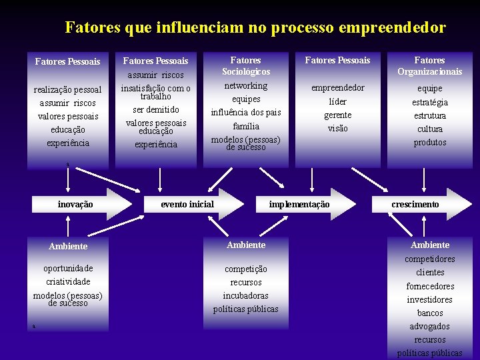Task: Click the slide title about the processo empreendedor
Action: pyautogui.click(x=255, y=27)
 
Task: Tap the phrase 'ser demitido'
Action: pyautogui.click(x=156, y=109)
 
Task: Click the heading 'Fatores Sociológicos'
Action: pyautogui.click(x=246, y=65)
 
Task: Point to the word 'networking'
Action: pyautogui.click(x=246, y=85)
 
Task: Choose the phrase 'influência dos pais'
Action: pyautogui.click(x=246, y=112)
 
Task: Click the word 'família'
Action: pyautogui.click(x=246, y=126)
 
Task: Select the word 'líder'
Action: pyautogui.click(x=337, y=101)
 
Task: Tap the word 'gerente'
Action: pyautogui.click(x=337, y=115)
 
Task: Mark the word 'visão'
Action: pyautogui.click(x=337, y=129)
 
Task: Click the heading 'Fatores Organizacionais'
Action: pyautogui.click(x=429, y=65)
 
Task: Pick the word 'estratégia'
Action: pyautogui.click(x=429, y=102)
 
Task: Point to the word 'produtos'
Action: pyautogui.click(x=429, y=142)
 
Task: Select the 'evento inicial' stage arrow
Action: pyautogui.click(x=187, y=204)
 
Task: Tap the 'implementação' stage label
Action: pyautogui.click(x=299, y=204)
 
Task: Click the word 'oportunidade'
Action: pyautogui.click(x=68, y=268)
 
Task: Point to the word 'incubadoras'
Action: pyautogui.click(x=246, y=295)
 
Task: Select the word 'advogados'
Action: pyautogui.click(x=429, y=327)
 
